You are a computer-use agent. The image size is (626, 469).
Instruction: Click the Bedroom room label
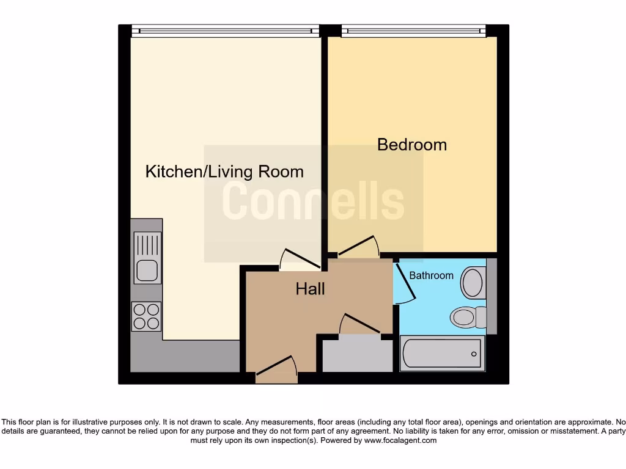(x=412, y=145)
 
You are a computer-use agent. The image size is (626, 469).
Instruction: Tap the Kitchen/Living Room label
(x=224, y=172)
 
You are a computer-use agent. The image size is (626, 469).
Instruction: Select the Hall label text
(x=311, y=289)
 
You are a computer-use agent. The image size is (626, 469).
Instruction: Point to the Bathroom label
(x=431, y=275)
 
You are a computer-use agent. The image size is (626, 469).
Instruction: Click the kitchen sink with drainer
(x=147, y=258)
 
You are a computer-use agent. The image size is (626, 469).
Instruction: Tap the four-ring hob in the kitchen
(x=147, y=316)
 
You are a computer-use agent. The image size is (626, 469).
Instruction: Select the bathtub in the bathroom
(x=442, y=353)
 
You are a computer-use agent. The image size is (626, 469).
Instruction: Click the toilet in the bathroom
(x=468, y=317)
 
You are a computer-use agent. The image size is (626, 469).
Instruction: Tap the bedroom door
(x=359, y=247)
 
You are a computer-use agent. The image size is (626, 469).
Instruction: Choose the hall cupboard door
(x=360, y=324)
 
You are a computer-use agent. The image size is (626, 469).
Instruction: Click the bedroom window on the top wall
(x=413, y=31)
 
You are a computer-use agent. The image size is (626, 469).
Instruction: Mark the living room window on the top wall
(x=226, y=31)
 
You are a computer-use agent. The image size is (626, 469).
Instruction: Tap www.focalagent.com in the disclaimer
(x=400, y=440)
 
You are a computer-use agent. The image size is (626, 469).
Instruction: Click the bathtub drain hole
(x=474, y=354)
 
